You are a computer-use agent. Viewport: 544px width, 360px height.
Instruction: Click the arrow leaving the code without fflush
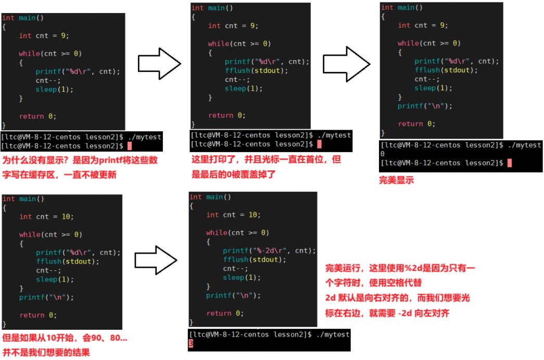[159, 64]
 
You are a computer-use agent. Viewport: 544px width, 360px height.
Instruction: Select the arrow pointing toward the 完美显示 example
[346, 64]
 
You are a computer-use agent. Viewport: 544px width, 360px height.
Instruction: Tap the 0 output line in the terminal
[383, 154]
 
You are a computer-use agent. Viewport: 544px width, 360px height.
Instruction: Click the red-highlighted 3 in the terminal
[191, 344]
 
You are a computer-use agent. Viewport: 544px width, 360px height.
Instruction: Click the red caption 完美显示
[396, 180]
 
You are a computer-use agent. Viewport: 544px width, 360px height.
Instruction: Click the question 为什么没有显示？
[35, 160]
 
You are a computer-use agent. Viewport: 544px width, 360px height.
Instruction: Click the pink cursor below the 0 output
[510, 163]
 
